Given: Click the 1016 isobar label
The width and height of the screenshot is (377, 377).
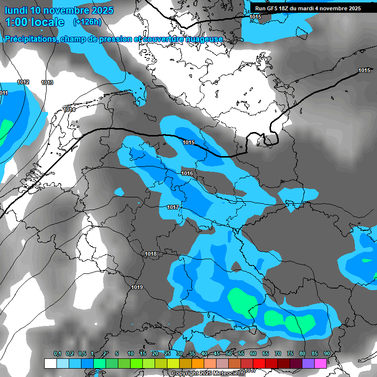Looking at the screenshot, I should (187, 174).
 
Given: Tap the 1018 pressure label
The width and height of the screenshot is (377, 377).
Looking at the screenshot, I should (151, 254).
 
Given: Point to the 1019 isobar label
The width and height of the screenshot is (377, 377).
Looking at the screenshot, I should (137, 287).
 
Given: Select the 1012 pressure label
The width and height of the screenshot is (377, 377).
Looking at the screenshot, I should (23, 82).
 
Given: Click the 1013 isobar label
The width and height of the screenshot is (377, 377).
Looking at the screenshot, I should (47, 82).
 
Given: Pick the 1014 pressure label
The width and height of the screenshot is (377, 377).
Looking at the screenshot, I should (69, 110).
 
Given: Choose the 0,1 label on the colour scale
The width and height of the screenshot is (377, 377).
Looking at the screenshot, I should (57, 353).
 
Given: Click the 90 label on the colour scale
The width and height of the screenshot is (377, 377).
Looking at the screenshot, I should (326, 353).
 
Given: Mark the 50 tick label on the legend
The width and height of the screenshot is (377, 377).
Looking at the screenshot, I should (229, 353).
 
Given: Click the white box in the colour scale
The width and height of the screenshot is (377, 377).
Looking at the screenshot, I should (50, 363).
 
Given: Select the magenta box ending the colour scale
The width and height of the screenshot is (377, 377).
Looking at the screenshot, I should (321, 363).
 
